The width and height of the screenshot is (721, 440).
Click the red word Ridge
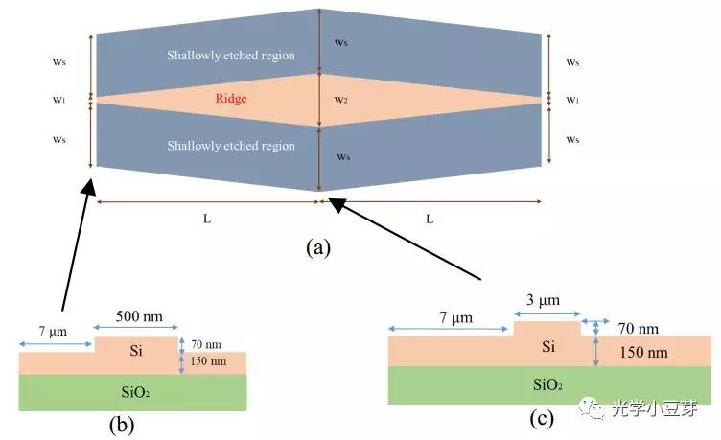click(232, 99)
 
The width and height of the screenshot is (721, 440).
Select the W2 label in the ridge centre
click(340, 99)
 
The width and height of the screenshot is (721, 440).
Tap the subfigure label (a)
click(317, 248)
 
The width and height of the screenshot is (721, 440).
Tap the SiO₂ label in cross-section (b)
click(133, 392)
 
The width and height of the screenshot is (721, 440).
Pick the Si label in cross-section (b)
click(135, 351)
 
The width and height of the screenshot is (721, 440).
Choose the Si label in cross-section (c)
click(547, 344)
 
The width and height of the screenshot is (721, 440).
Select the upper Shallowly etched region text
click(231, 56)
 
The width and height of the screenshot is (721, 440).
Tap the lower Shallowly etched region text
click(231, 146)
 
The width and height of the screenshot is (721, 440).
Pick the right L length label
click(430, 218)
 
